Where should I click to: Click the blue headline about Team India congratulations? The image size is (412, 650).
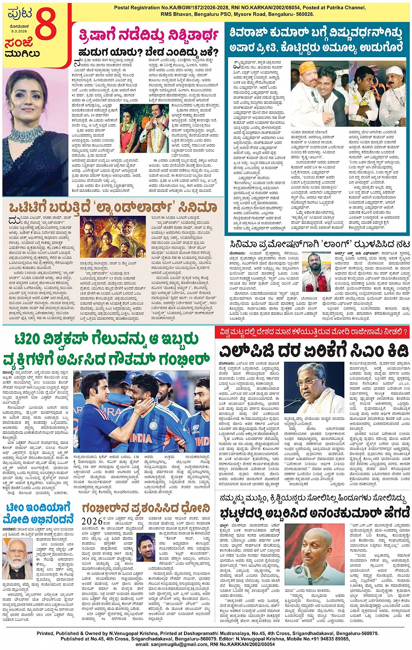tap(38, 513)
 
